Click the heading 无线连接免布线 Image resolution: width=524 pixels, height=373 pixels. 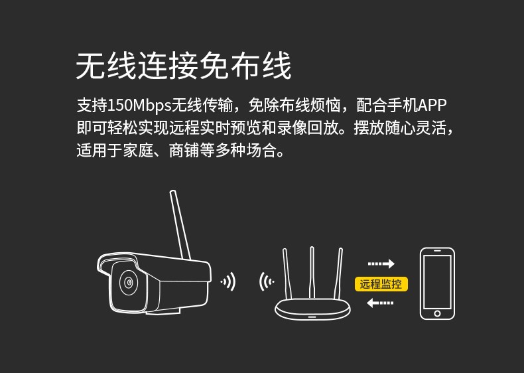pyautogui.click(x=184, y=66)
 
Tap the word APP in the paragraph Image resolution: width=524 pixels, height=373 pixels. pyautogui.click(x=432, y=105)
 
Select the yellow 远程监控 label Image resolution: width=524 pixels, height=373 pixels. pyautogui.click(x=381, y=284)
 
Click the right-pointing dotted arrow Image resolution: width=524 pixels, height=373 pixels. pyautogui.click(x=381, y=263)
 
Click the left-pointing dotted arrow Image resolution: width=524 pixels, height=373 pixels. pyautogui.click(x=380, y=303)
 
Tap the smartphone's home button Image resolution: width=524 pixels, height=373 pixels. pyautogui.click(x=437, y=313)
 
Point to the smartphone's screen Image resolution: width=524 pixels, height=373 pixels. pyautogui.click(x=437, y=281)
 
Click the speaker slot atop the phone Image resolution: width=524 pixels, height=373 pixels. pyautogui.click(x=437, y=251)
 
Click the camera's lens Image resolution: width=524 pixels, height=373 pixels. pyautogui.click(x=129, y=282)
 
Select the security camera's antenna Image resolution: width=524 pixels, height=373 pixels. pyautogui.click(x=180, y=225)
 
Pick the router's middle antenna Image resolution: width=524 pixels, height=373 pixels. pyautogui.click(x=312, y=273)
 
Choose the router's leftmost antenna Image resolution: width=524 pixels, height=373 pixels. pyautogui.click(x=287, y=273)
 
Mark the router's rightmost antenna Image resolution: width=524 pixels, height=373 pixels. pyautogui.click(x=338, y=273)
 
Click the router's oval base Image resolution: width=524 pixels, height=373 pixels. pyautogui.click(x=312, y=309)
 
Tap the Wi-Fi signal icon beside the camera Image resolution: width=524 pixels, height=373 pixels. pyautogui.click(x=229, y=281)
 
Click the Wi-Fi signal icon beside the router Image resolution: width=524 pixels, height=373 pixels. pyautogui.click(x=267, y=281)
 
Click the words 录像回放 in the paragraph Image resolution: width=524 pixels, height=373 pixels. pyautogui.click(x=308, y=128)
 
